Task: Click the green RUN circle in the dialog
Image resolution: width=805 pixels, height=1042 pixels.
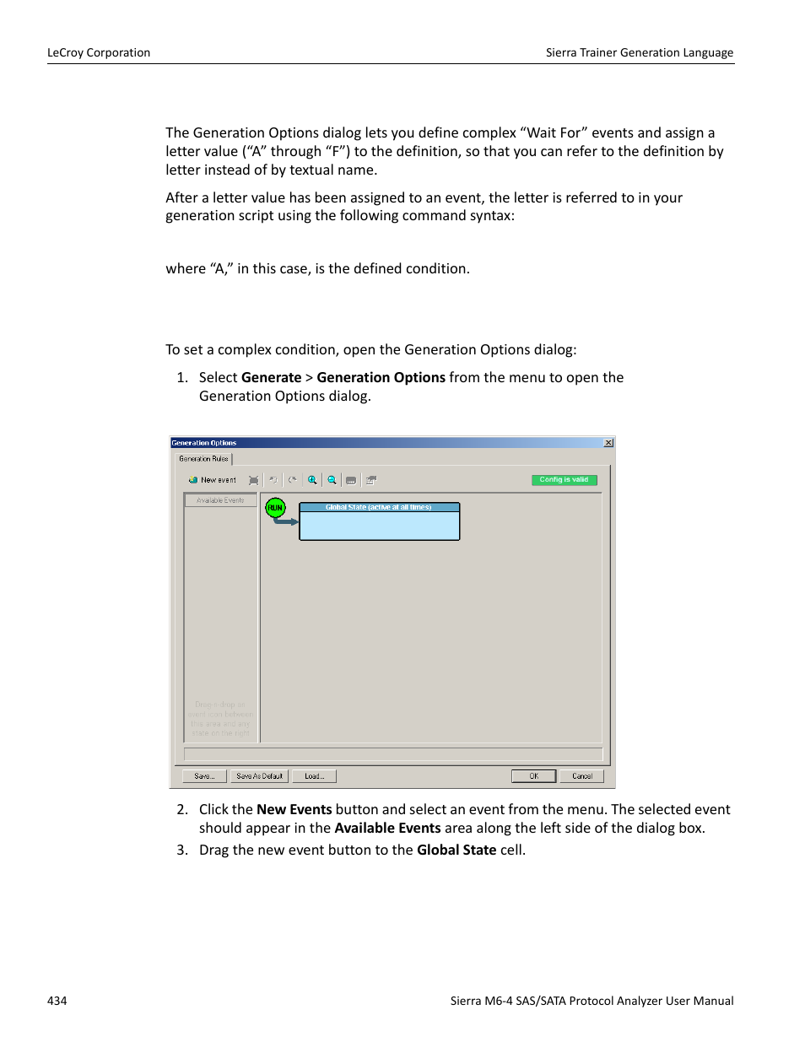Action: click(275, 508)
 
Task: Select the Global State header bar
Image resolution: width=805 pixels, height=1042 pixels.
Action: click(379, 507)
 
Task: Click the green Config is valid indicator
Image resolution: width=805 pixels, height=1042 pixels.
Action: click(564, 480)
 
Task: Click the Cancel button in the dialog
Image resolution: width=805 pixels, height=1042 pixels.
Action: click(581, 776)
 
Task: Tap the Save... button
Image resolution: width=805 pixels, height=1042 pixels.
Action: click(204, 776)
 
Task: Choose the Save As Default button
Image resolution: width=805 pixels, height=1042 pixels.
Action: click(259, 776)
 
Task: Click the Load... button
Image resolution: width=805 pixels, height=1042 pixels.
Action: click(314, 776)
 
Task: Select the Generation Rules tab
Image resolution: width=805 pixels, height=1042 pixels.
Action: click(203, 459)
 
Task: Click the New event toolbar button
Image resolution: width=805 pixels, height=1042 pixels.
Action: click(213, 480)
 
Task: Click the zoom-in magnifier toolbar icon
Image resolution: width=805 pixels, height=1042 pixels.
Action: click(312, 480)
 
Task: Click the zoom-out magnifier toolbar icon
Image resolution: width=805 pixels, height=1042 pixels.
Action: click(332, 480)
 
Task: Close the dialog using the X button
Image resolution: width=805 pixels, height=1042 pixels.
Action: click(608, 443)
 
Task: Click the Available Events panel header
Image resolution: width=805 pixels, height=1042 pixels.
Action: click(220, 500)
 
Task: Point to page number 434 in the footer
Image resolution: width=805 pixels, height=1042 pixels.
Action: click(57, 1001)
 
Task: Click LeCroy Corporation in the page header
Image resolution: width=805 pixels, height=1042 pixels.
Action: click(99, 52)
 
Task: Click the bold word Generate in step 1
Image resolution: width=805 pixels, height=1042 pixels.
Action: click(271, 378)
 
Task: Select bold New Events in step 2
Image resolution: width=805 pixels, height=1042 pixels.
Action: click(294, 810)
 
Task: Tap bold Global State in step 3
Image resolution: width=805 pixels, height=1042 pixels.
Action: click(456, 850)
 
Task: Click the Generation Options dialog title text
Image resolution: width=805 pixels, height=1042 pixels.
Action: click(204, 443)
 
